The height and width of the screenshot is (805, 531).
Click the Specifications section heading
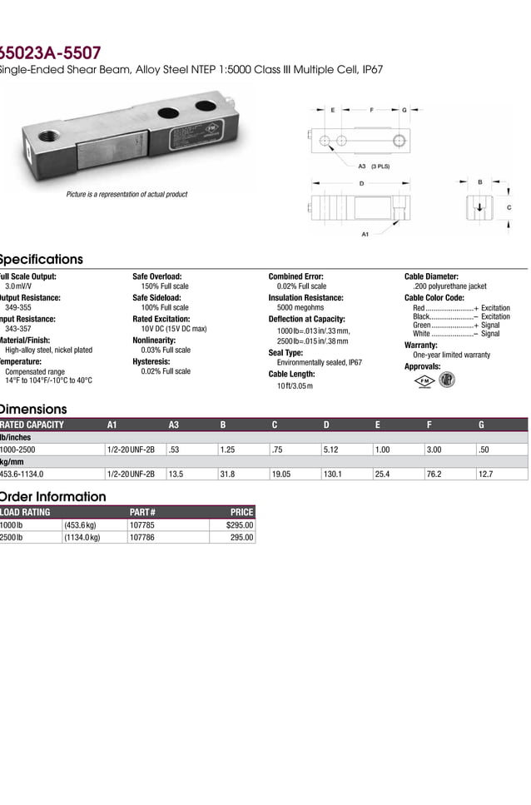[x=42, y=259]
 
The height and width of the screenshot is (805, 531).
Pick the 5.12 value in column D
[x=331, y=450]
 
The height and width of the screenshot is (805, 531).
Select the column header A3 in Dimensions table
[x=174, y=425]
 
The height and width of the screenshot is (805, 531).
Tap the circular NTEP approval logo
[x=447, y=380]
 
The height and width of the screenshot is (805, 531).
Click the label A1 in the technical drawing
[x=365, y=235]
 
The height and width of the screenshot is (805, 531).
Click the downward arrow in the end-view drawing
[x=479, y=207]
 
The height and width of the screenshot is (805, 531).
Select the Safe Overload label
[x=156, y=276]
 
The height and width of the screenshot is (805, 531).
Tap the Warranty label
[x=420, y=345]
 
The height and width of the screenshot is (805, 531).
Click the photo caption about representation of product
[x=127, y=194]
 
